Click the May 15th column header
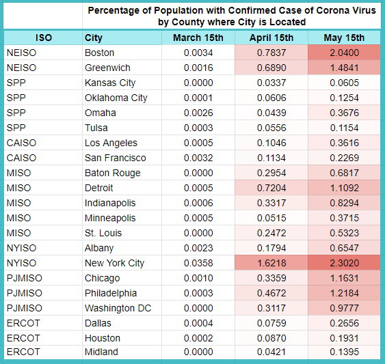coord(344,38)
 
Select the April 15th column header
coord(271,38)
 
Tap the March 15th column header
coord(198,38)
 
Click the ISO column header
coord(44,38)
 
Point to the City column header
coord(93,38)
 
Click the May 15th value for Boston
coord(344,53)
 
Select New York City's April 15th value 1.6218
coord(271,263)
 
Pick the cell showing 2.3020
coord(344,263)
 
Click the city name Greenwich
coord(107,68)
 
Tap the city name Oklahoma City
coord(116,98)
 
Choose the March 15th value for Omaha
coord(198,113)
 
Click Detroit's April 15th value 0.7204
coord(271,188)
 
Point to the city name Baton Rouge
coord(112,173)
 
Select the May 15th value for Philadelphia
coord(344,293)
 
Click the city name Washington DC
coord(118,308)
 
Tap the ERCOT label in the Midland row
coord(23,352)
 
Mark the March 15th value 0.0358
coord(198,263)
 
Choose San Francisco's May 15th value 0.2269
coord(344,158)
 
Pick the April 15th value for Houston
coord(271,338)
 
